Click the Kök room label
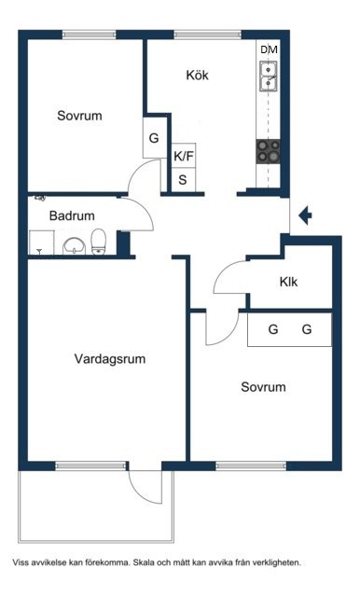click(197, 75)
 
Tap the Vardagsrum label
click(110, 359)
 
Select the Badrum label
click(72, 215)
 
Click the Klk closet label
click(288, 282)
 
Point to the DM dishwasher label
click(269, 49)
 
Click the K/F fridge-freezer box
click(184, 156)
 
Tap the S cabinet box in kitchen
click(184, 180)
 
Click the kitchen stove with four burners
click(268, 151)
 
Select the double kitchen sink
click(269, 76)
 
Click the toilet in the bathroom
click(98, 242)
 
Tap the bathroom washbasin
click(75, 246)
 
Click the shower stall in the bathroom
click(41, 243)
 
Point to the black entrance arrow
click(305, 215)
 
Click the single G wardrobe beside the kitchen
click(155, 137)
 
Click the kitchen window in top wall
click(208, 35)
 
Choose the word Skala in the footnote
click(142, 562)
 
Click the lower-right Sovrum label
click(263, 387)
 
